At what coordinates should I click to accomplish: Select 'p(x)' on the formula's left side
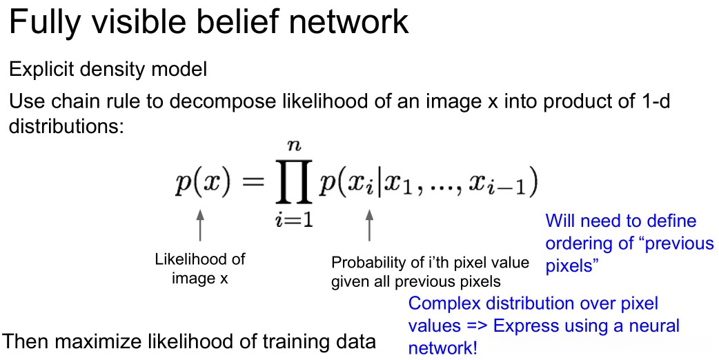[x=201, y=184]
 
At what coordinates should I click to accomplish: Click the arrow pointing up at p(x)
[x=200, y=227]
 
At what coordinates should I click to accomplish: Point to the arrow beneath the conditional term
[x=368, y=227]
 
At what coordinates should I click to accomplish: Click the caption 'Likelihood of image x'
[x=200, y=269]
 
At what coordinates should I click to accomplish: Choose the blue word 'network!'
[x=442, y=348]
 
